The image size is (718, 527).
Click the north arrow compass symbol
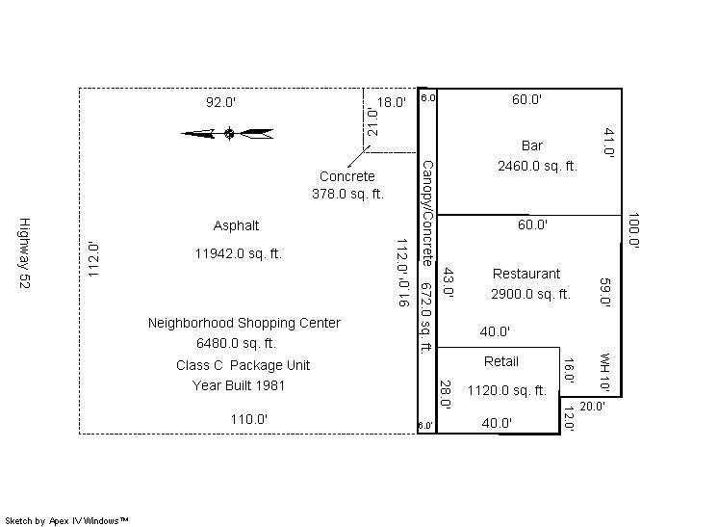pyautogui.click(x=228, y=133)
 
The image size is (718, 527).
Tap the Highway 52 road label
pyautogui.click(x=24, y=253)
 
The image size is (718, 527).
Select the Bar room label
pyautogui.click(x=531, y=145)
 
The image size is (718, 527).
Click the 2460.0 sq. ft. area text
pyautogui.click(x=537, y=166)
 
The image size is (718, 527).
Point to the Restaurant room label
pyautogui.click(x=526, y=274)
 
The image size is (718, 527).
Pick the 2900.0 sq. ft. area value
pyautogui.click(x=530, y=294)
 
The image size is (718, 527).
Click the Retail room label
pyautogui.click(x=500, y=361)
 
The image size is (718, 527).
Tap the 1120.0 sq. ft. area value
pyautogui.click(x=507, y=390)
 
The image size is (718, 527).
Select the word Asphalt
pyautogui.click(x=236, y=225)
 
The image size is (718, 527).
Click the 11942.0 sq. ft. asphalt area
pyautogui.click(x=238, y=253)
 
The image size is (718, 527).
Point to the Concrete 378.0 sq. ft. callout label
pyautogui.click(x=347, y=185)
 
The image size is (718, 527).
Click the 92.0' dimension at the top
pyautogui.click(x=220, y=102)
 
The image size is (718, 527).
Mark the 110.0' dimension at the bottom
pyautogui.click(x=248, y=419)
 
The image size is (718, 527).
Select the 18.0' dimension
pyautogui.click(x=391, y=102)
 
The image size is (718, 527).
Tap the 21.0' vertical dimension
pyautogui.click(x=372, y=122)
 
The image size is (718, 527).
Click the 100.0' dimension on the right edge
pyautogui.click(x=633, y=229)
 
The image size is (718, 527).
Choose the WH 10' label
pyautogui.click(x=604, y=372)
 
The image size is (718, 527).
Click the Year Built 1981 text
pyautogui.click(x=238, y=385)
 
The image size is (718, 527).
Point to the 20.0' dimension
pyautogui.click(x=592, y=406)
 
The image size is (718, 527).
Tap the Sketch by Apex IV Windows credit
pyautogui.click(x=66, y=520)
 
